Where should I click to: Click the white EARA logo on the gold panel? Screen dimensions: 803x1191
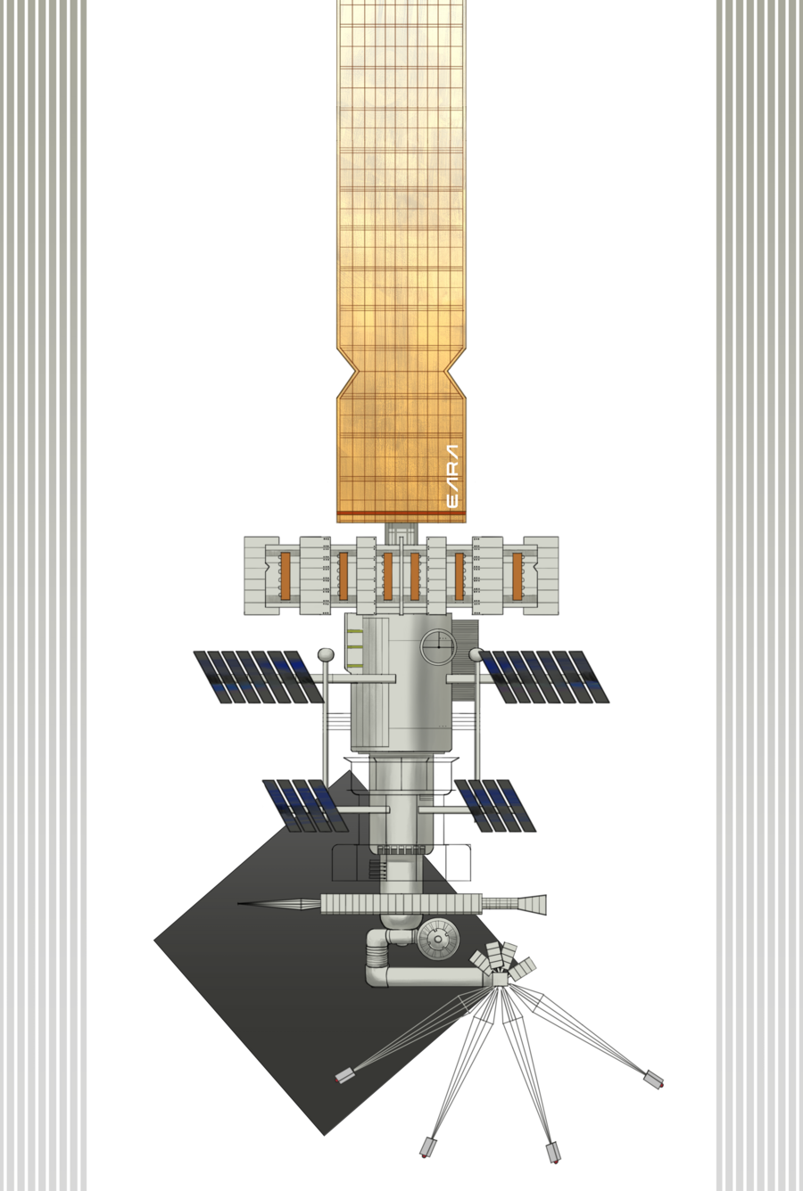coord(451,476)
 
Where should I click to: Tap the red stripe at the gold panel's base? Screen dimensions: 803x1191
coord(401,513)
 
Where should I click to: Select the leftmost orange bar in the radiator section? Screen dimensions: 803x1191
coord(286,575)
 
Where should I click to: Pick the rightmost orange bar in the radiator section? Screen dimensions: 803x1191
coord(517,575)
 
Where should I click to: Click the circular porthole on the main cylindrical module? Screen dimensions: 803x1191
coord(438,646)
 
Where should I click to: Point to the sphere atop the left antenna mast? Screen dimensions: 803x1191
coord(325,654)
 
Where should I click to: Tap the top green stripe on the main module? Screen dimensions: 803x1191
coord(354,632)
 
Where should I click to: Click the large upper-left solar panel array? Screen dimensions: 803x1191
coord(259,677)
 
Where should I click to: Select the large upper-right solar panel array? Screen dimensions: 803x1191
coord(544,677)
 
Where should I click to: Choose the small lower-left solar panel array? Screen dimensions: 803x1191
coord(305,806)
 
